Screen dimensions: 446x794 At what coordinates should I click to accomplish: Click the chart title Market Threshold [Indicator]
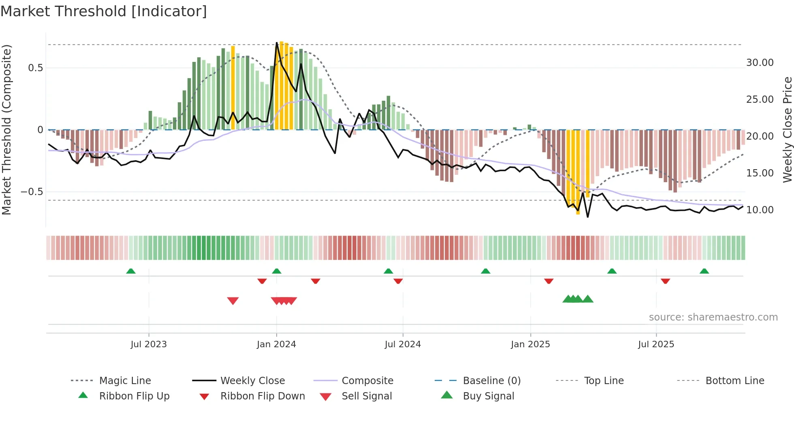point(104,11)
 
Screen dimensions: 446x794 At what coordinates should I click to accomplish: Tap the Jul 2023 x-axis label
point(149,344)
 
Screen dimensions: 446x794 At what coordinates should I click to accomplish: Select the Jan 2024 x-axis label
point(276,344)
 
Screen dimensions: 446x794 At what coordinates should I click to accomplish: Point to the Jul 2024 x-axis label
point(403,344)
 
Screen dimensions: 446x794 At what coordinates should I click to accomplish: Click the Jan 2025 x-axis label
point(530,344)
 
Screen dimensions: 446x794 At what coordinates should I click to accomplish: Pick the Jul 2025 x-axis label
point(656,344)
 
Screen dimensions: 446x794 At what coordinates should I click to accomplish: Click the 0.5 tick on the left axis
point(36,68)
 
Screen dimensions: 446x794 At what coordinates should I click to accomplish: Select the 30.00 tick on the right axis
point(760,63)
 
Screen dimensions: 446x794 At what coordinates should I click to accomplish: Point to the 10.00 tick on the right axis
point(760,210)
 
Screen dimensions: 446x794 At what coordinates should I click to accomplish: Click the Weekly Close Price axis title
point(787,130)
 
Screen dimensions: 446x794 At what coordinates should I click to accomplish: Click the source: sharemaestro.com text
point(713,317)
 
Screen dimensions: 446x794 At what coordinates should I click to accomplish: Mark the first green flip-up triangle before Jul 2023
point(131,271)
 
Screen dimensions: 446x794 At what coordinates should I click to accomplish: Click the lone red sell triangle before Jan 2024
point(233,301)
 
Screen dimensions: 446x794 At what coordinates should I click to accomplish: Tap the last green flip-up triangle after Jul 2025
point(704,271)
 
